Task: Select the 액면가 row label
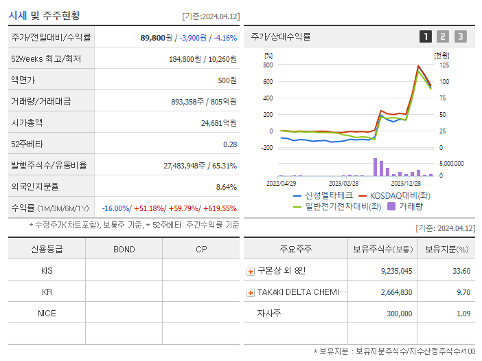[x=23, y=80]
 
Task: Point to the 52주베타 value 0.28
[x=230, y=144]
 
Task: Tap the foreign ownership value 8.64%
[x=226, y=186]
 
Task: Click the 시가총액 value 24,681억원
[x=218, y=123]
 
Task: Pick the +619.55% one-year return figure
[x=218, y=208]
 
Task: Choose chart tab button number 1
[x=426, y=36]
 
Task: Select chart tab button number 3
[x=460, y=36]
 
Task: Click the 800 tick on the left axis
[x=268, y=65]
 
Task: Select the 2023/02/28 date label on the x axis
[x=343, y=183]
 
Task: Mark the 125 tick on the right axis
[x=444, y=65]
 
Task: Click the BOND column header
[x=124, y=249]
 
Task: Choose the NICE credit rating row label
[x=47, y=313]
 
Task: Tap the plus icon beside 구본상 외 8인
[x=251, y=272]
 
